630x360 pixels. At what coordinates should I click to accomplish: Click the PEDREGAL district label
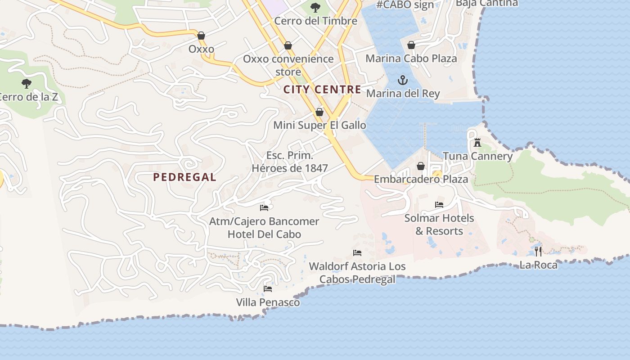(x=184, y=177)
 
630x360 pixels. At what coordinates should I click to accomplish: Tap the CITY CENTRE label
(x=322, y=90)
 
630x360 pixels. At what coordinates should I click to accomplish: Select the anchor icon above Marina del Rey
(x=403, y=81)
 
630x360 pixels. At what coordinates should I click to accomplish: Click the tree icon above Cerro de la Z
(x=27, y=83)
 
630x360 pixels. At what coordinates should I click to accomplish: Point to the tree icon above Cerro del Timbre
(x=315, y=8)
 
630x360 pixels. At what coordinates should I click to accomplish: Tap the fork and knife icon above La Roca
(x=538, y=251)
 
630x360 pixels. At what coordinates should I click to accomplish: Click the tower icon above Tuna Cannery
(x=477, y=143)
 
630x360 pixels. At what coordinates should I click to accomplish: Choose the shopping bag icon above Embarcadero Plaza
(x=421, y=166)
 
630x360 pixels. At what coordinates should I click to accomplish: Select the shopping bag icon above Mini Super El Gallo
(x=319, y=112)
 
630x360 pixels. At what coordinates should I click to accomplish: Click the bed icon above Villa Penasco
(x=268, y=288)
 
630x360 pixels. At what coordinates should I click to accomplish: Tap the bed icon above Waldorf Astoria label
(x=357, y=252)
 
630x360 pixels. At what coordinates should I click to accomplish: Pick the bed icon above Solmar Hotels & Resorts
(x=439, y=205)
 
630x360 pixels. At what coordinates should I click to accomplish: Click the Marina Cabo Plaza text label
(x=411, y=58)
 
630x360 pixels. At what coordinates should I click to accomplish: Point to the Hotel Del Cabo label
(x=264, y=234)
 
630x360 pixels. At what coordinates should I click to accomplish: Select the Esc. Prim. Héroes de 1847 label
(x=290, y=162)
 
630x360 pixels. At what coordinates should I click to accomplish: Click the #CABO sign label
(x=405, y=5)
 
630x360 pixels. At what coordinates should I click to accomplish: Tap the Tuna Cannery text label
(x=477, y=156)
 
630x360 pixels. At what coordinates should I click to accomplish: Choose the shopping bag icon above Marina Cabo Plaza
(x=411, y=45)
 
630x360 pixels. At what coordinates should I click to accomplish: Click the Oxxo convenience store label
(x=288, y=65)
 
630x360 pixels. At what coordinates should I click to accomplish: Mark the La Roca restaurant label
(x=538, y=265)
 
